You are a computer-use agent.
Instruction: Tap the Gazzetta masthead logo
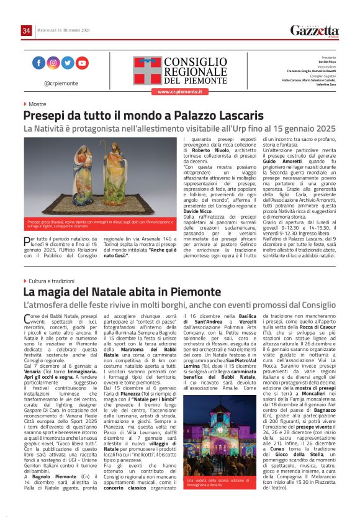tap(315, 30)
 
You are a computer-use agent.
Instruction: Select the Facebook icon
tap(38, 63)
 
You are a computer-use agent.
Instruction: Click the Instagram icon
tap(53, 63)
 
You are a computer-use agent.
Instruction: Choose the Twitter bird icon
tap(67, 63)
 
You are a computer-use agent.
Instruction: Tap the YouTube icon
tap(82, 63)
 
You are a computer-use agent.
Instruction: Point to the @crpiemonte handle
tap(60, 83)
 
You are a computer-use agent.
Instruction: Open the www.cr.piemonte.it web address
tap(179, 92)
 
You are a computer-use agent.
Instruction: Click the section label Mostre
tap(37, 104)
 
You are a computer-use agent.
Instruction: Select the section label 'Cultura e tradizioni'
tap(55, 281)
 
